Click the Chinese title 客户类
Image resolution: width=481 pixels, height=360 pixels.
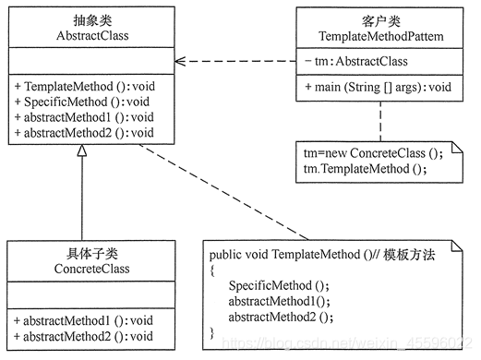click(379, 19)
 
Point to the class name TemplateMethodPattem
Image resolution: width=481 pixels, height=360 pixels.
click(379, 35)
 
